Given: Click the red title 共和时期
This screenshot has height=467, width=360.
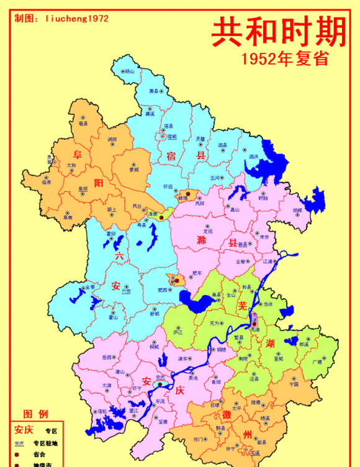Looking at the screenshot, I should pos(279,32).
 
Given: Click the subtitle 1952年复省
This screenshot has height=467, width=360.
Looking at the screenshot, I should pos(285,59).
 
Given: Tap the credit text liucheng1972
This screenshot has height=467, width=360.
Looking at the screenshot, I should pos(77,18).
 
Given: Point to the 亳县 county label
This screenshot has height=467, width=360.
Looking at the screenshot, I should pos(84,124).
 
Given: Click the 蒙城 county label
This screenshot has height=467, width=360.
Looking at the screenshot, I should pos(134,169).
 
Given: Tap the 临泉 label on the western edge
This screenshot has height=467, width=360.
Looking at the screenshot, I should pos(46,182).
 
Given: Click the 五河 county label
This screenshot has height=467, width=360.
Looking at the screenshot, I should pos(215,178).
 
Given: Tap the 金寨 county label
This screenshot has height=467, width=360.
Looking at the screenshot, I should pos(90,288).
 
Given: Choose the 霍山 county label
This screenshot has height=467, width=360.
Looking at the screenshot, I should pos(113,317).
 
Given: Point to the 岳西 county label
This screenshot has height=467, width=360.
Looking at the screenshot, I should pos(107,358).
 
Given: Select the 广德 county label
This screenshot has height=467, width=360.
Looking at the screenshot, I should pos(318,362).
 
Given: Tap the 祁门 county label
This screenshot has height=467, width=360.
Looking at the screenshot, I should pos(197,438).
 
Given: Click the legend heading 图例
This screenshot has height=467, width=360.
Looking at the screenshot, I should pos(35,414).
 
